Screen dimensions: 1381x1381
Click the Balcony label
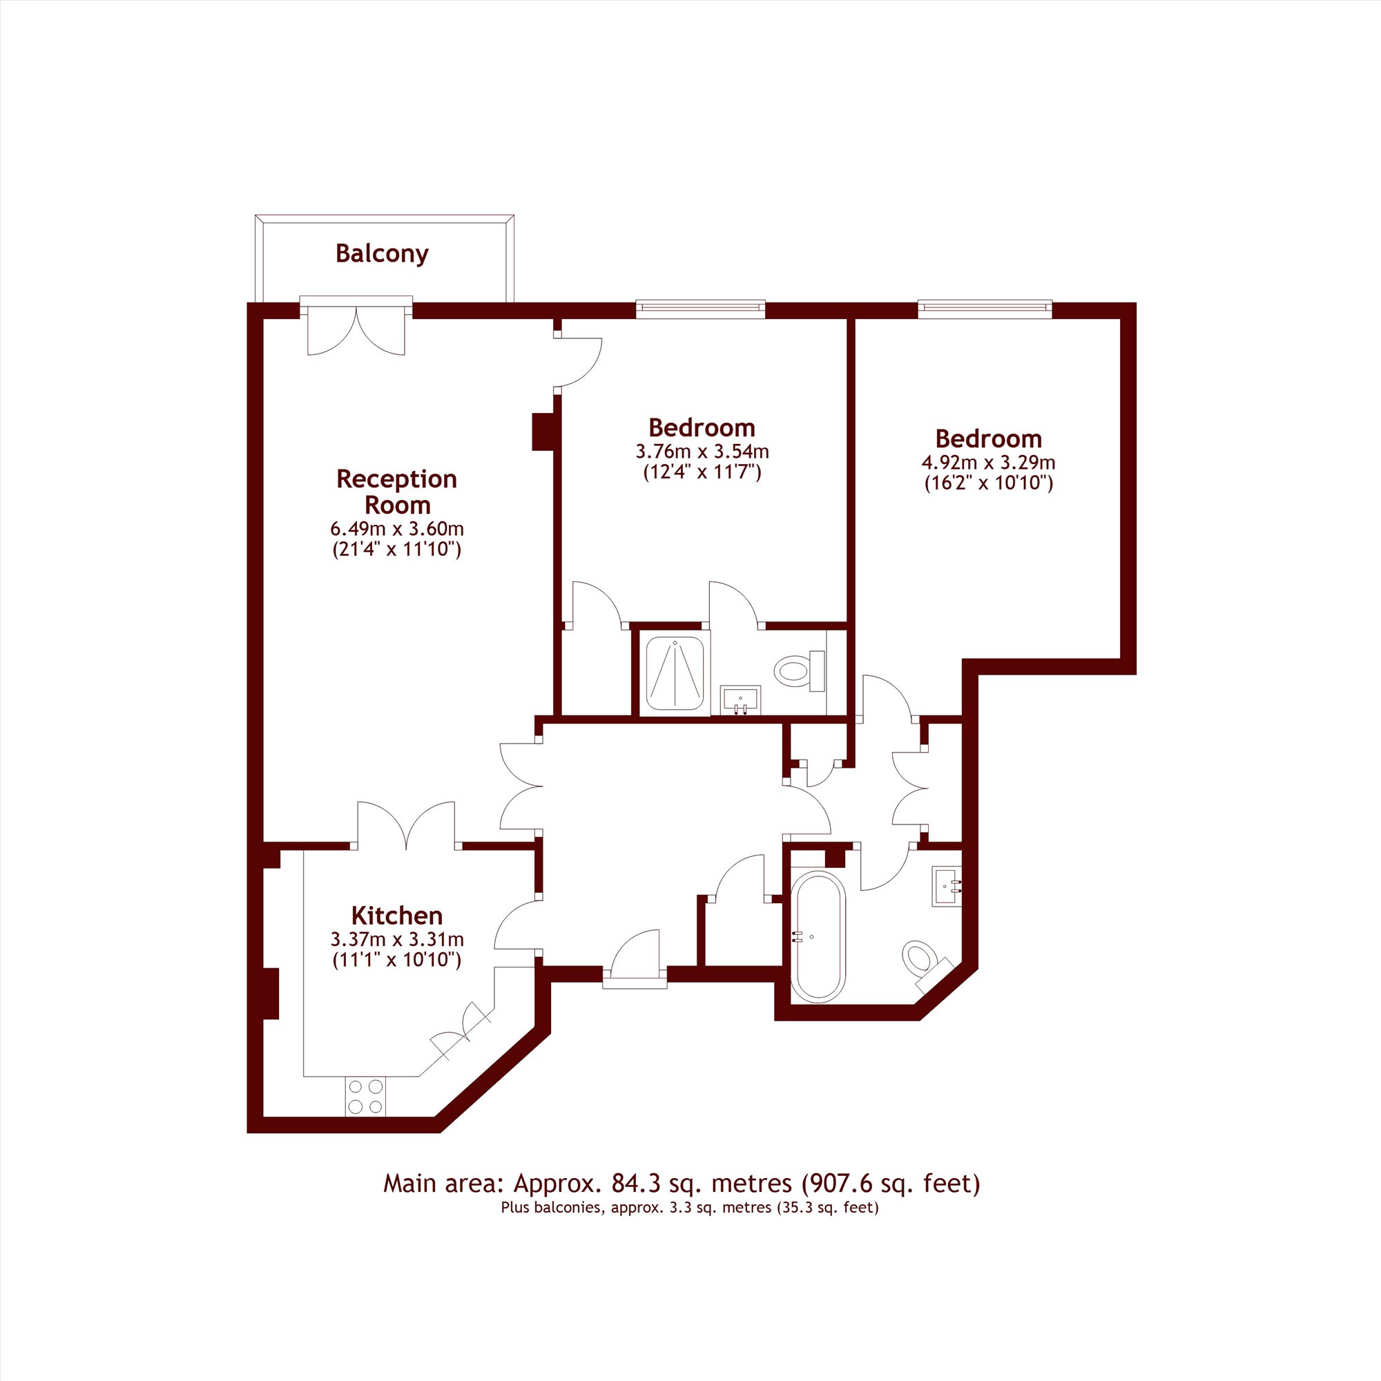382,253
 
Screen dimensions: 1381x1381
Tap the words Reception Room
397,492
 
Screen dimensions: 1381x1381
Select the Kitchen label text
397,916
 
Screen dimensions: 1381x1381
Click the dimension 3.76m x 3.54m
702,452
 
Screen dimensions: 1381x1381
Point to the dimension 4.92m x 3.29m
989,463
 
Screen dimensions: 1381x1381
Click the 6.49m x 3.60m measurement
397,530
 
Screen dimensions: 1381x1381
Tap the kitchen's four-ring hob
365,1097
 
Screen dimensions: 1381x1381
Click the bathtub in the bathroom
818,935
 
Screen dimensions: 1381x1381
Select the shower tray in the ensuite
675,673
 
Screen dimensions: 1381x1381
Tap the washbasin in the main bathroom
947,887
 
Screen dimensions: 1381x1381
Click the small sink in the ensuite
740,699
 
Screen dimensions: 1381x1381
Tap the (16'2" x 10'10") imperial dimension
989,483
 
